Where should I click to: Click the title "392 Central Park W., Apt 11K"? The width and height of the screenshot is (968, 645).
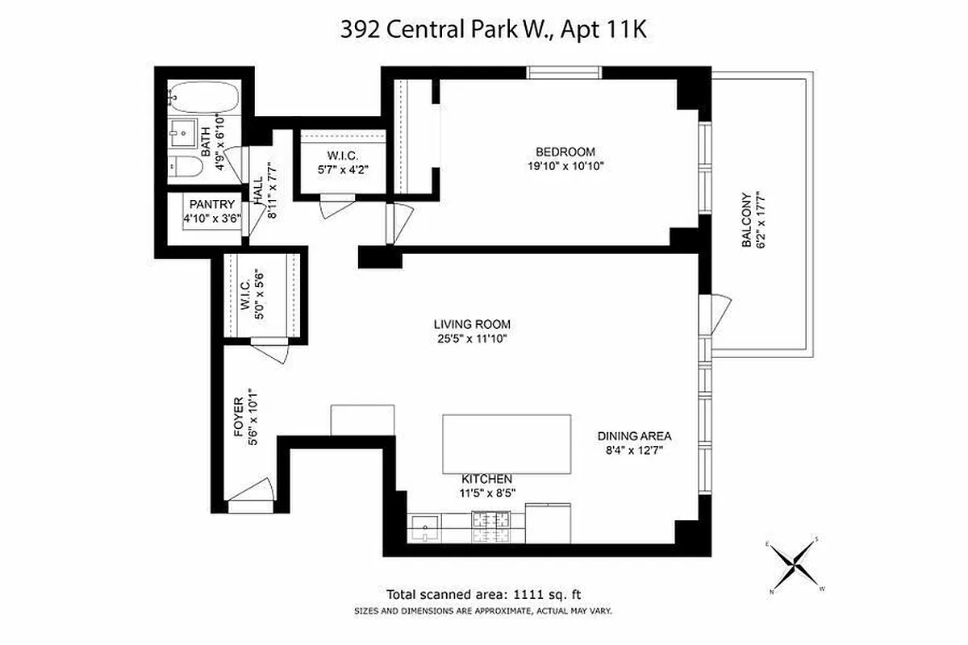point(483,31)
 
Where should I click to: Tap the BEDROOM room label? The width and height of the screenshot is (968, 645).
point(565,152)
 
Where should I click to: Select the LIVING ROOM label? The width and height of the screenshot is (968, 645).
point(471,324)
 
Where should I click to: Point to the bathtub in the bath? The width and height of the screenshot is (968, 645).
point(205,98)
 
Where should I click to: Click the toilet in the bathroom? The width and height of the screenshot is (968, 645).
point(186,169)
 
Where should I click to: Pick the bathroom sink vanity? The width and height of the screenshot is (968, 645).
point(183,130)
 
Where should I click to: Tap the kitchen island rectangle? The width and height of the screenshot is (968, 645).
point(507,444)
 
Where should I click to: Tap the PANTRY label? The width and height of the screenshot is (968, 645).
point(211,205)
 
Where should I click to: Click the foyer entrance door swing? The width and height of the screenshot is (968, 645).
point(253,493)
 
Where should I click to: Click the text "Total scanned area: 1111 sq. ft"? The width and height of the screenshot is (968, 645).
point(484,594)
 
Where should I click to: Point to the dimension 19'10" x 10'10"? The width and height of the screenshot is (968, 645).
point(565,166)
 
